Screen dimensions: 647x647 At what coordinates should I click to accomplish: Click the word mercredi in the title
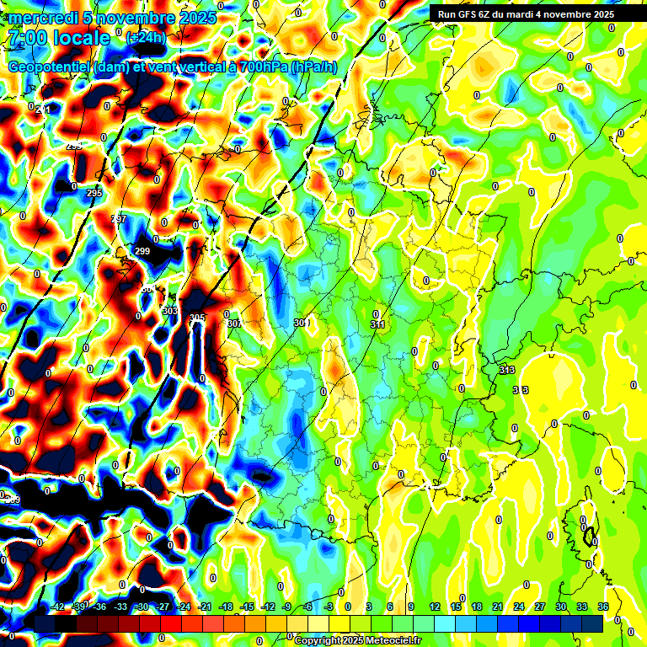tap(42, 18)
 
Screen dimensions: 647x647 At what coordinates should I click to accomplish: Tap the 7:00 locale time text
tap(58, 38)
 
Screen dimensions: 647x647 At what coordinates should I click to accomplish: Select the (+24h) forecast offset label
tap(146, 38)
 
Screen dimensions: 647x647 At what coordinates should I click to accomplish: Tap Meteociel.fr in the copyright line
tap(390, 640)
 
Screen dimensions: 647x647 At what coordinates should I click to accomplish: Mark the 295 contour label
tap(94, 193)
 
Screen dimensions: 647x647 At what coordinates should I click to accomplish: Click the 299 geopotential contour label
tap(142, 251)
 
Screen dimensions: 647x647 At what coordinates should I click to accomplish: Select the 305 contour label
tap(196, 318)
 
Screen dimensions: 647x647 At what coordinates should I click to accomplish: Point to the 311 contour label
tap(377, 324)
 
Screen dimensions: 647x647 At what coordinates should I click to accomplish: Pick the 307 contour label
tap(234, 323)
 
